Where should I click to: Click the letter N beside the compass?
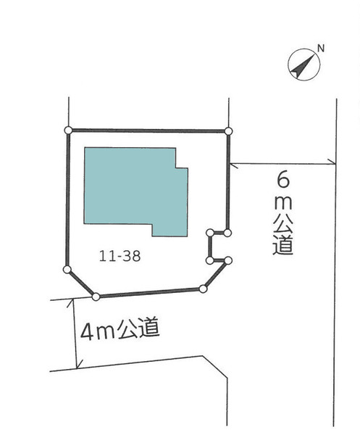click(x=321, y=49)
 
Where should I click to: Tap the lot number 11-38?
click(x=120, y=256)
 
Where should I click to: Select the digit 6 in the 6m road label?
click(x=283, y=180)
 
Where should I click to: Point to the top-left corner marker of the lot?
click(x=68, y=130)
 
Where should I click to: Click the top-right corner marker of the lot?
click(x=228, y=131)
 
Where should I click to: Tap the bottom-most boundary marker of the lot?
click(x=96, y=297)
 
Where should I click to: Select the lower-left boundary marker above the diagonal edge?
click(x=67, y=269)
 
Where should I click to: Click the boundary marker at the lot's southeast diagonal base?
click(x=203, y=289)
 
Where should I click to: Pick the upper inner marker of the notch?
click(x=210, y=233)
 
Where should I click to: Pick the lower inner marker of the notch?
click(x=210, y=260)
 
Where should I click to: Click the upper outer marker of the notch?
click(x=227, y=233)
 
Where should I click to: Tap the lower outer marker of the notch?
click(x=228, y=260)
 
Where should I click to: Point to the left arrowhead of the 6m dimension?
click(x=234, y=165)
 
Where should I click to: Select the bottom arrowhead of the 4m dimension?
click(x=79, y=364)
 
